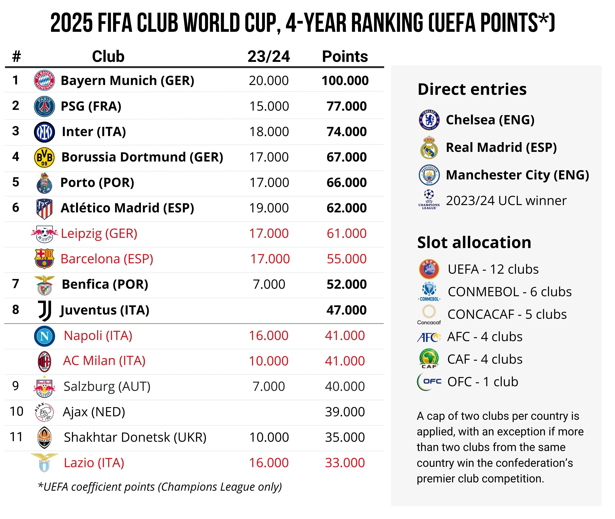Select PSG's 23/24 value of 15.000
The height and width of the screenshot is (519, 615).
[x=269, y=106]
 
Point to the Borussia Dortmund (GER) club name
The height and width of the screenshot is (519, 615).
[x=142, y=157]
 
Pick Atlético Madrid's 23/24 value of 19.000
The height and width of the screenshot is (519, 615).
[x=269, y=208]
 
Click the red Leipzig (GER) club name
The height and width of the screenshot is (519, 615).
[x=99, y=234]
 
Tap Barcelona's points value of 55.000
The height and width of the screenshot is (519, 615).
[x=346, y=259]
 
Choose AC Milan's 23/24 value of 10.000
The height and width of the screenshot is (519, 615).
[x=269, y=361]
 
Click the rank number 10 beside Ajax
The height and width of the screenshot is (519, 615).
[x=16, y=411]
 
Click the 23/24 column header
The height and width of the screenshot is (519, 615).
[x=269, y=56]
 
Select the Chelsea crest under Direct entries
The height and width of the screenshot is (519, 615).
[x=429, y=120]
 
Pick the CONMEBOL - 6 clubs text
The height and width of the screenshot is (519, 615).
[x=509, y=292]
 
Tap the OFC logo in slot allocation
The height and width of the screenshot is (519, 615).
[x=429, y=382]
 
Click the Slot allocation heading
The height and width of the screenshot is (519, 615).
[x=474, y=242]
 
